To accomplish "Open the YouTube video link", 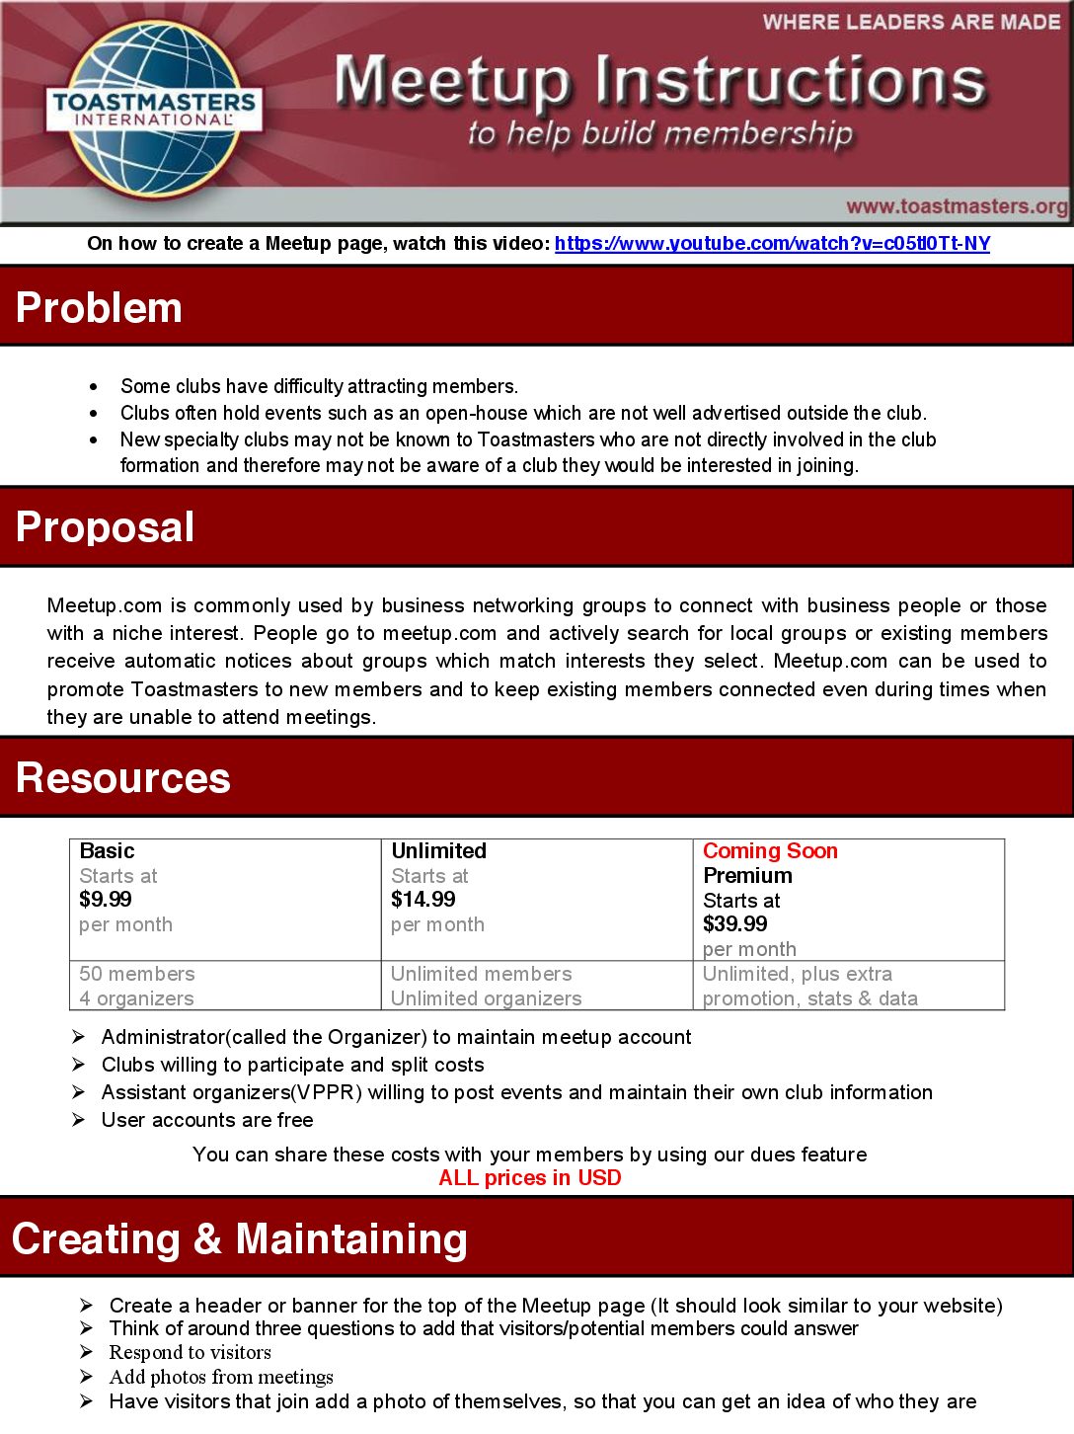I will pos(772,244).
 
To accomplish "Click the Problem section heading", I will pos(99,308).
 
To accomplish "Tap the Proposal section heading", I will pos(105,527).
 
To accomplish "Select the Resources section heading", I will pos(122,778).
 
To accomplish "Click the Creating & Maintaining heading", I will pos(239,1239).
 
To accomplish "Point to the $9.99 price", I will pos(106,900).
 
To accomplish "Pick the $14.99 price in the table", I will pos(423,900).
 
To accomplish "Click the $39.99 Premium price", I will pos(735,924).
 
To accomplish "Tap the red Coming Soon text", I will pos(770,851).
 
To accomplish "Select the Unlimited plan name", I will pos(439,851).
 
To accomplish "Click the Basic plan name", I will pos(107,851).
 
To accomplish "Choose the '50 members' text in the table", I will pos(137,975).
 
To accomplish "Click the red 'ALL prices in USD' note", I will pos(530,1178).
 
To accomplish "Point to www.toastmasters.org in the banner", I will pos(957,206).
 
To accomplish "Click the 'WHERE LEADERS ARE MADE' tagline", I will pos(911,22).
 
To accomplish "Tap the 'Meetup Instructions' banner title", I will pos(659,81).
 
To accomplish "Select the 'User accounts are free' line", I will pos(207,1121).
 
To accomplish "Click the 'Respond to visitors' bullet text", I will pos(191,1353).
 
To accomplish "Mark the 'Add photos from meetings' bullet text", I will pos(221,1378).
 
